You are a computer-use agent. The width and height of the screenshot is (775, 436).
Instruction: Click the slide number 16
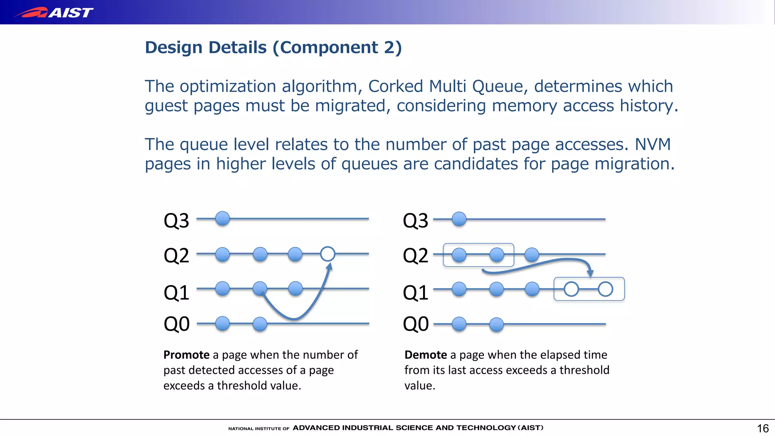(763, 428)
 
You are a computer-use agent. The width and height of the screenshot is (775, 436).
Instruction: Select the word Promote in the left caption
(186, 355)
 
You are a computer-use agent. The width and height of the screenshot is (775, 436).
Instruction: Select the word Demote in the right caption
(426, 355)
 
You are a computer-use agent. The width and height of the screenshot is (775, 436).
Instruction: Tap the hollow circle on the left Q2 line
(327, 254)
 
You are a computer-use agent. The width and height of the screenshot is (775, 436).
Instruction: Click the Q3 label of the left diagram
(176, 221)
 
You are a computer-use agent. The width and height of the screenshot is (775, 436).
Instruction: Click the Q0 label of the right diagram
(416, 324)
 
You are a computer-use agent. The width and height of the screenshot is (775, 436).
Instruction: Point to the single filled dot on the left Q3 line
(223, 219)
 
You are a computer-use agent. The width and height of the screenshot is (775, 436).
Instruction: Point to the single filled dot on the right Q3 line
(459, 219)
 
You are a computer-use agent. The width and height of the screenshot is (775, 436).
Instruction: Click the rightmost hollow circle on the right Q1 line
(605, 289)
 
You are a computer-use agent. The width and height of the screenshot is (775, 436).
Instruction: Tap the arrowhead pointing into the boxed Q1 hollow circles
(590, 273)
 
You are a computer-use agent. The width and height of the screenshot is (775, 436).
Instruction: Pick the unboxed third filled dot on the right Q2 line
(532, 255)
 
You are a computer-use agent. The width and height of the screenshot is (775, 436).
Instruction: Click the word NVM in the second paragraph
(653, 145)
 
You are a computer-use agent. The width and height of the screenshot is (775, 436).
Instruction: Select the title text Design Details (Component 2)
(273, 48)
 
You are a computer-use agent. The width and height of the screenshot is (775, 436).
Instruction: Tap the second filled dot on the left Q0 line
(260, 324)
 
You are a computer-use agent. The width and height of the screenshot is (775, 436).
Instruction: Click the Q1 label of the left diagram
(176, 293)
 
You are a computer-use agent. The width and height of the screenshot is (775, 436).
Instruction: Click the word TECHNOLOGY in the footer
(486, 428)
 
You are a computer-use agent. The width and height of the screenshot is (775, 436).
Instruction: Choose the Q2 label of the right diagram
(416, 255)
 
